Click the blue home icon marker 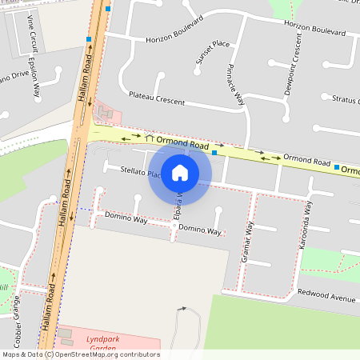coord(180,172)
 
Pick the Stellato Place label coord(135,171)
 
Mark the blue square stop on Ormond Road coord(214,152)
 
